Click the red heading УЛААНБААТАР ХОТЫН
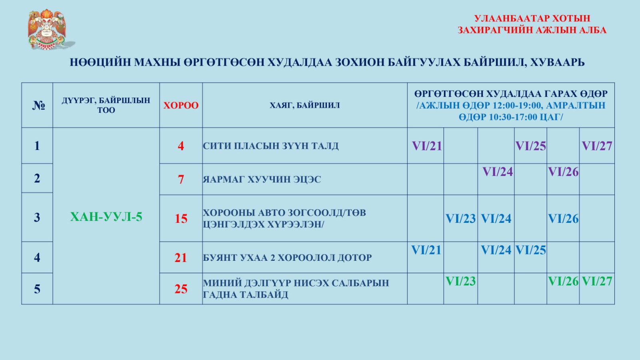tap(532, 18)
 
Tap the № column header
tap(38, 106)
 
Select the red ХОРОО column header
tap(181, 106)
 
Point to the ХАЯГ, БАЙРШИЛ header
tap(304, 106)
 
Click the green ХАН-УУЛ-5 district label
tap(106, 217)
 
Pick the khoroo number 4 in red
tap(181, 146)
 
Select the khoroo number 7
tap(181, 180)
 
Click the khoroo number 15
tap(181, 218)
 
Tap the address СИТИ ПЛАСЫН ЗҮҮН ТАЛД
tap(270, 146)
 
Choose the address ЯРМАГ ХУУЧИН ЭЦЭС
tap(262, 180)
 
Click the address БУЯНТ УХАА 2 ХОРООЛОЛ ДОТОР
tap(287, 258)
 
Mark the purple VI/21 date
tap(427, 146)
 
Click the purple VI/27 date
tap(597, 146)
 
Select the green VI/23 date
tap(460, 282)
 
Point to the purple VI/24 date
tap(498, 172)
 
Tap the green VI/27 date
tap(597, 282)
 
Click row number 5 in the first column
tap(37, 289)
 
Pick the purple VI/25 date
tap(530, 146)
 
